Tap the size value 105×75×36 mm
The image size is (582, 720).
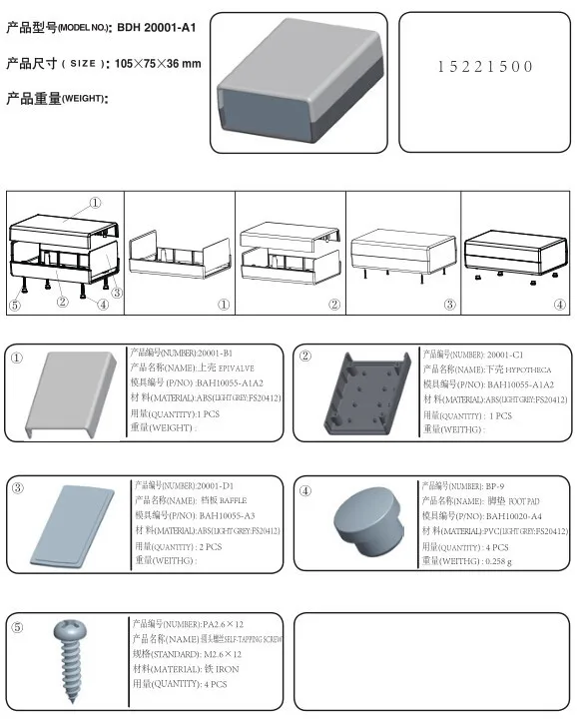point(158,63)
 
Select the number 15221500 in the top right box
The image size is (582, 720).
point(485,66)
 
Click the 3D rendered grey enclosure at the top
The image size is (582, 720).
point(300,73)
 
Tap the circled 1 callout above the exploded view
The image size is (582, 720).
point(96,202)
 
